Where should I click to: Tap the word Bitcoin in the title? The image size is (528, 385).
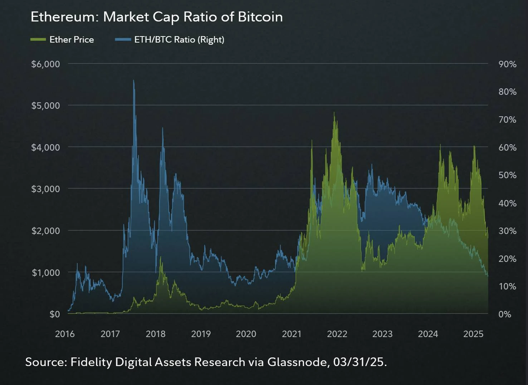point(260,17)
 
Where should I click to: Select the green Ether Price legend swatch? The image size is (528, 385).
point(38,39)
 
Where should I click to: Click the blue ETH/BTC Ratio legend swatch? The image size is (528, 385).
point(123,39)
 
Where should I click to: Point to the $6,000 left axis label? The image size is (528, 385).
point(45,64)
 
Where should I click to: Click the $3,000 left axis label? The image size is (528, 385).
point(45,189)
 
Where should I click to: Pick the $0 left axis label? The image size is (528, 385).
point(55,314)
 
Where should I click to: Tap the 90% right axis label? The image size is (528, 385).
point(507,64)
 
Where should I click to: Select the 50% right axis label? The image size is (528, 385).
point(507,175)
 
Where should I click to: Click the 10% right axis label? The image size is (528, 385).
point(507,286)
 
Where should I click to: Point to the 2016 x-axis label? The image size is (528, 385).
point(65,334)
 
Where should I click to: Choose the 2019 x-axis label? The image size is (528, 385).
point(201,334)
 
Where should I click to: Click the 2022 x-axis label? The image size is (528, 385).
point(337,334)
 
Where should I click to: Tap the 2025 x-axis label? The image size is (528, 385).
point(473,334)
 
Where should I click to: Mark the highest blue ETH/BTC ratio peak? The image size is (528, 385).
point(133,81)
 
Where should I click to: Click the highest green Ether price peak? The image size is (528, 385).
point(334,113)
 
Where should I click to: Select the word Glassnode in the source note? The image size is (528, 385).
point(297,362)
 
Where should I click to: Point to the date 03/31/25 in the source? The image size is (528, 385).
point(358,362)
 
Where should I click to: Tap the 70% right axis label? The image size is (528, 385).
point(507,120)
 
